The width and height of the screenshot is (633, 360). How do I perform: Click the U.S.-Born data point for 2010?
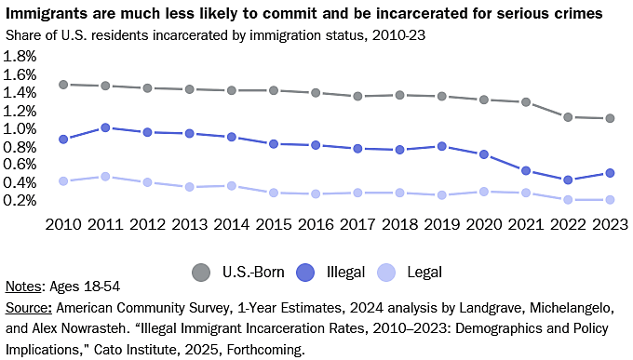[x=63, y=85]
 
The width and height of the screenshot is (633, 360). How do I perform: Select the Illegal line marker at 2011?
[x=105, y=127]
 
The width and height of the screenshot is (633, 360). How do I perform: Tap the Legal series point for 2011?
[x=105, y=176]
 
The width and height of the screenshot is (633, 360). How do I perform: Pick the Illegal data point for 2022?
[x=568, y=180]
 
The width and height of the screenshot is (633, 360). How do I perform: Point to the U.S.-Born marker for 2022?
[x=568, y=117]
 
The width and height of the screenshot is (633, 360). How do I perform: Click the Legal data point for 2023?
[x=610, y=199]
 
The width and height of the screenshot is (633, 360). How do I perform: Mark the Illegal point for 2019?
[x=441, y=146]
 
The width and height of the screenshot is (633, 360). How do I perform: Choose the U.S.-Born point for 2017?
[x=357, y=96]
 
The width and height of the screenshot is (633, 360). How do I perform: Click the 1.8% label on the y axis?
[x=20, y=57]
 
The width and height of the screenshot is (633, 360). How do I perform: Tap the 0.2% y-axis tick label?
[x=20, y=200]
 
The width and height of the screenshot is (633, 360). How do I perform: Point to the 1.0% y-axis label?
[x=20, y=128]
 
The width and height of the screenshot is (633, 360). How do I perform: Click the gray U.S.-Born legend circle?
[x=200, y=273]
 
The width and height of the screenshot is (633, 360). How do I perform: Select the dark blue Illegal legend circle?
[x=307, y=273]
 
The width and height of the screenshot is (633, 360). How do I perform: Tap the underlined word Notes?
[x=24, y=287]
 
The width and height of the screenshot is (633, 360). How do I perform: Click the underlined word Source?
[x=29, y=305]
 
